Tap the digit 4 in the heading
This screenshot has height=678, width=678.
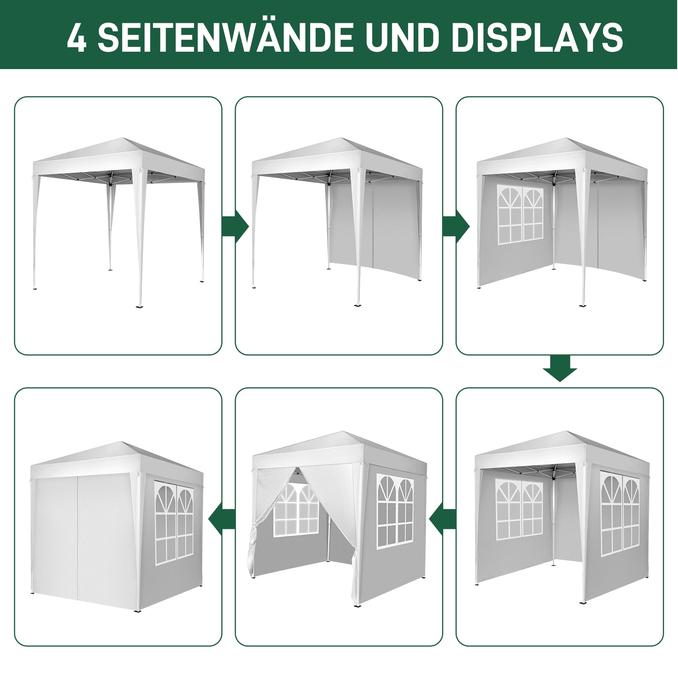coord(77,37)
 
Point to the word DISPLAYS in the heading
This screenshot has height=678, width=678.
coord(537,37)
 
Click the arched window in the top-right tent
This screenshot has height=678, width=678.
coord(520,215)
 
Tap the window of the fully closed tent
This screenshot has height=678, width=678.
coord(174,523)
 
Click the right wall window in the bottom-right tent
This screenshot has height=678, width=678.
coord(620,514)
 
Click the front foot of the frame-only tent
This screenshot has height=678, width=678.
coord(139,305)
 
